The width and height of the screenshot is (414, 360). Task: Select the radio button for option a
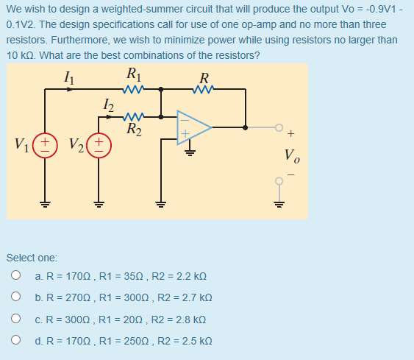pos(15,276)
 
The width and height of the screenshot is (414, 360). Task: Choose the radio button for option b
pos(15,298)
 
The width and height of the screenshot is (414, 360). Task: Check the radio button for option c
pos(15,320)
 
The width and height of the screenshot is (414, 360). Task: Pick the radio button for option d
pos(15,342)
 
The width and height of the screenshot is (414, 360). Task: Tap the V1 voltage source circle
pos(45,142)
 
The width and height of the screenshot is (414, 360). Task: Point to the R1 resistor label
pos(133,74)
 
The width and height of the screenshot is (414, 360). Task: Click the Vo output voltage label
pos(292,156)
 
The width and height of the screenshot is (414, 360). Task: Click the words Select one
pos(32,258)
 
